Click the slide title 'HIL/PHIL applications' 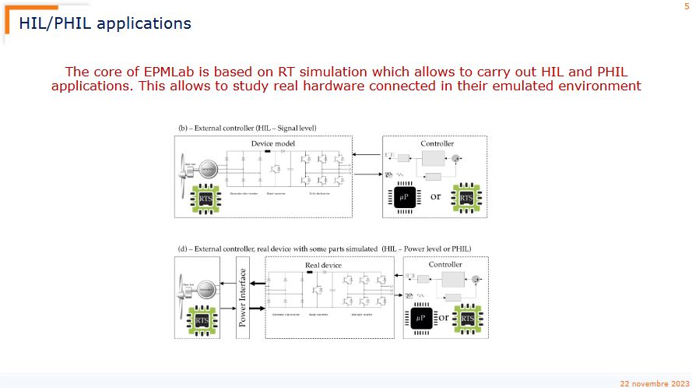tap(105, 23)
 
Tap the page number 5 tap(686, 6)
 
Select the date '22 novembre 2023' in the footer tap(653, 383)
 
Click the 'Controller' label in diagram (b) tap(437, 143)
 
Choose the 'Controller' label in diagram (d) tap(444, 265)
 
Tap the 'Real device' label tap(322, 266)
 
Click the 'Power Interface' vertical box tap(242, 297)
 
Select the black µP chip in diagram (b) tap(402, 197)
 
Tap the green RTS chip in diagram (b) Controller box tap(465, 197)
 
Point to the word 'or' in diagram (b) tap(435, 196)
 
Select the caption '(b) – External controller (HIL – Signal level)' tap(248, 127)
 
